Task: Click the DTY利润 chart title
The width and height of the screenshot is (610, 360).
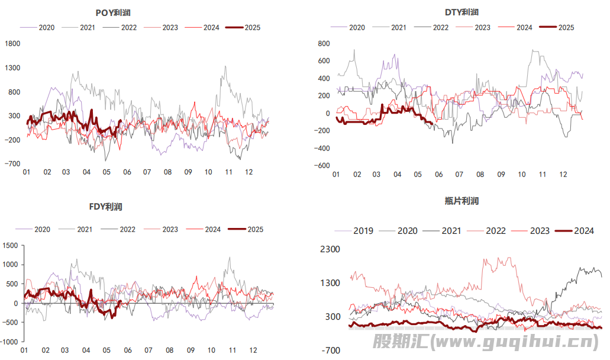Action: pos(462,12)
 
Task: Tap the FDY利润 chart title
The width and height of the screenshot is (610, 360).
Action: pos(105,207)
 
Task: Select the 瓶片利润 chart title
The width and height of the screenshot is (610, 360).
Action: pos(461,201)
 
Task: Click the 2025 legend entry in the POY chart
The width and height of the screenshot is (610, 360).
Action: pos(243,27)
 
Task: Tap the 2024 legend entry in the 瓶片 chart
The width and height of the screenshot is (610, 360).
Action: pos(576,231)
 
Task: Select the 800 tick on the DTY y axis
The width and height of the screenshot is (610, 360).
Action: pos(323,43)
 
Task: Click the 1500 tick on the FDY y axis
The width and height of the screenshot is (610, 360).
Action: pos(11,246)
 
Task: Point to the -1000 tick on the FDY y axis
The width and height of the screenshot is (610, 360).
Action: pos(9,342)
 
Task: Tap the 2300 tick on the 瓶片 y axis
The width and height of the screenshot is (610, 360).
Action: pos(330,249)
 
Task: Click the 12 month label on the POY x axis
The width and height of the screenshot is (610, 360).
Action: pos(248,172)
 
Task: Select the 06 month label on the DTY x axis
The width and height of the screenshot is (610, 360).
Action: pos(438,175)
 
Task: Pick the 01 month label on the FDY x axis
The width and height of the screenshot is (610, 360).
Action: pos(24,351)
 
